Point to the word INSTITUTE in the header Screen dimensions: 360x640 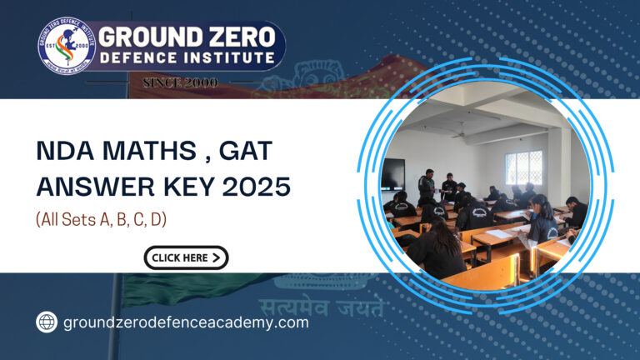click(224, 58)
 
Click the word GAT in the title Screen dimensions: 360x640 click(247, 152)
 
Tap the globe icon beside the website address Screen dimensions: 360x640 click(47, 323)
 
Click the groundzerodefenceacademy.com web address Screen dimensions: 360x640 click(186, 323)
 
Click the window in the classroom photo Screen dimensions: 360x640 click(523, 168)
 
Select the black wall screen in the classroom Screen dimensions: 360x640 click(392, 176)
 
